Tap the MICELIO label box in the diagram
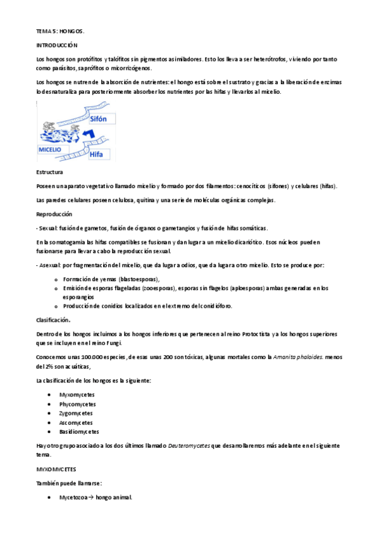[51, 150]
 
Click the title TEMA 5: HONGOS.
[59, 30]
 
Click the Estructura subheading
[49, 172]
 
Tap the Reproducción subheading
[54, 215]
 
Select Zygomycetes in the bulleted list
[76, 413]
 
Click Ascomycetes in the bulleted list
[76, 422]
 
